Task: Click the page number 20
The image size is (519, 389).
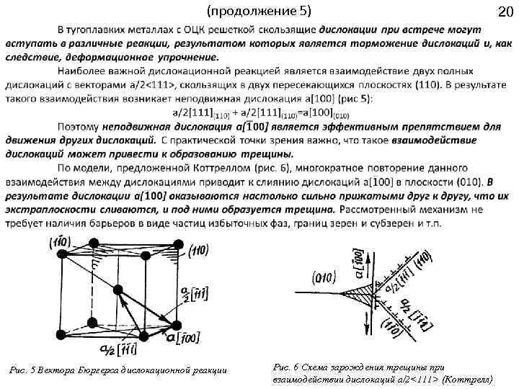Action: [x=505, y=12]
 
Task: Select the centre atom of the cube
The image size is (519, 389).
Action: [x=116, y=289]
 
